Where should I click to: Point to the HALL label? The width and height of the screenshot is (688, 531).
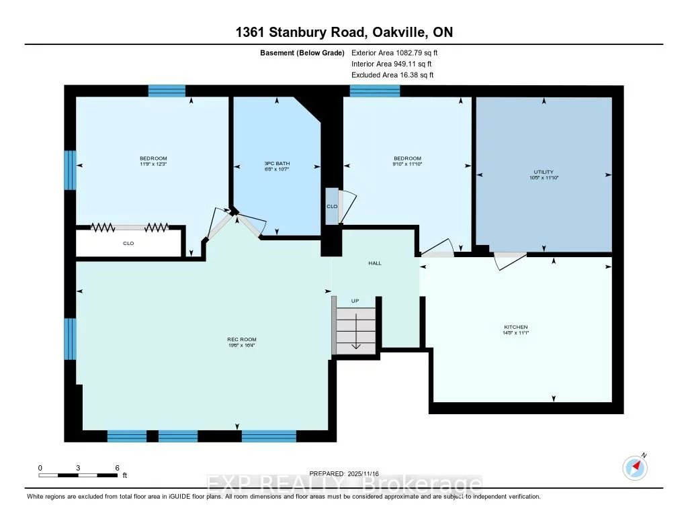(x=375, y=263)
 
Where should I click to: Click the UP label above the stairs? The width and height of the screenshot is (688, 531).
(x=356, y=301)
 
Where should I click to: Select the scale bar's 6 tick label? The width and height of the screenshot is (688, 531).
(x=117, y=467)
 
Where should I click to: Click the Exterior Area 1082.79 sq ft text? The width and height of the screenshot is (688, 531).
(x=395, y=52)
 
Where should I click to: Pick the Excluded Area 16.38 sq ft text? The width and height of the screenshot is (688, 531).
(x=392, y=75)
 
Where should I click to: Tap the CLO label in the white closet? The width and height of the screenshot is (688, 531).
(x=128, y=243)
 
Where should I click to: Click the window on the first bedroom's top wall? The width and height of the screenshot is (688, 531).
(x=167, y=91)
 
